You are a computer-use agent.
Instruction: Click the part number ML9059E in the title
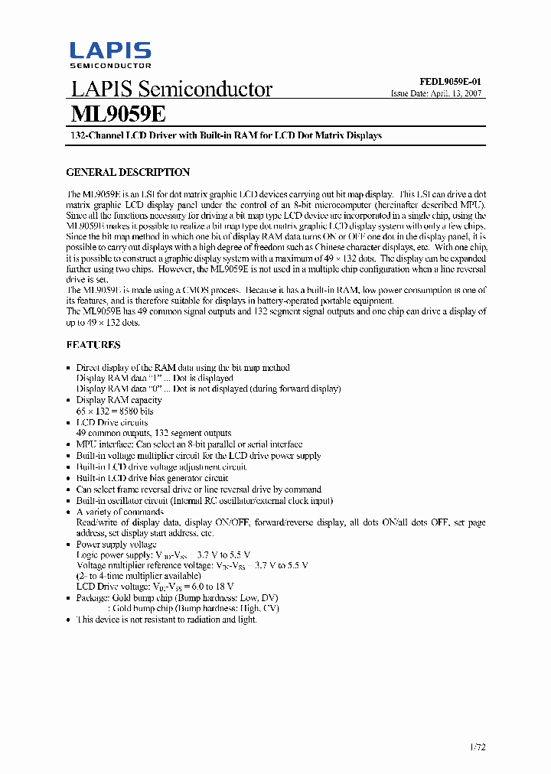pos(117,114)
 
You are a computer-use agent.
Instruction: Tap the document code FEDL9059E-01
pos(450,81)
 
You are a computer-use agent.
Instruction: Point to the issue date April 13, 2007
pos(436,93)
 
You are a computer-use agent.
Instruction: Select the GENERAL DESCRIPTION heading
pos(128,172)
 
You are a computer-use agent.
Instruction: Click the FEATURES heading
pos(93,345)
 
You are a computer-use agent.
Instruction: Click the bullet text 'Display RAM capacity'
pos(119,400)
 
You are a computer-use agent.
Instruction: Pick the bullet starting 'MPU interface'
pos(189,444)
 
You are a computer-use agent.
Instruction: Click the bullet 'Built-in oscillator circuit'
pos(204,501)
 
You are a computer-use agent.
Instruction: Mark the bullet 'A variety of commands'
pos(120,512)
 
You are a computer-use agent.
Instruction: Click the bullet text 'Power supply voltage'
pos(116,544)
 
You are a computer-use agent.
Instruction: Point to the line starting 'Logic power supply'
pos(163,554)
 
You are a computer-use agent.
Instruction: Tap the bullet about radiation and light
pos(166,620)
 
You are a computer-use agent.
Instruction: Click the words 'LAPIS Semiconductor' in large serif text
pos(171,89)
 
